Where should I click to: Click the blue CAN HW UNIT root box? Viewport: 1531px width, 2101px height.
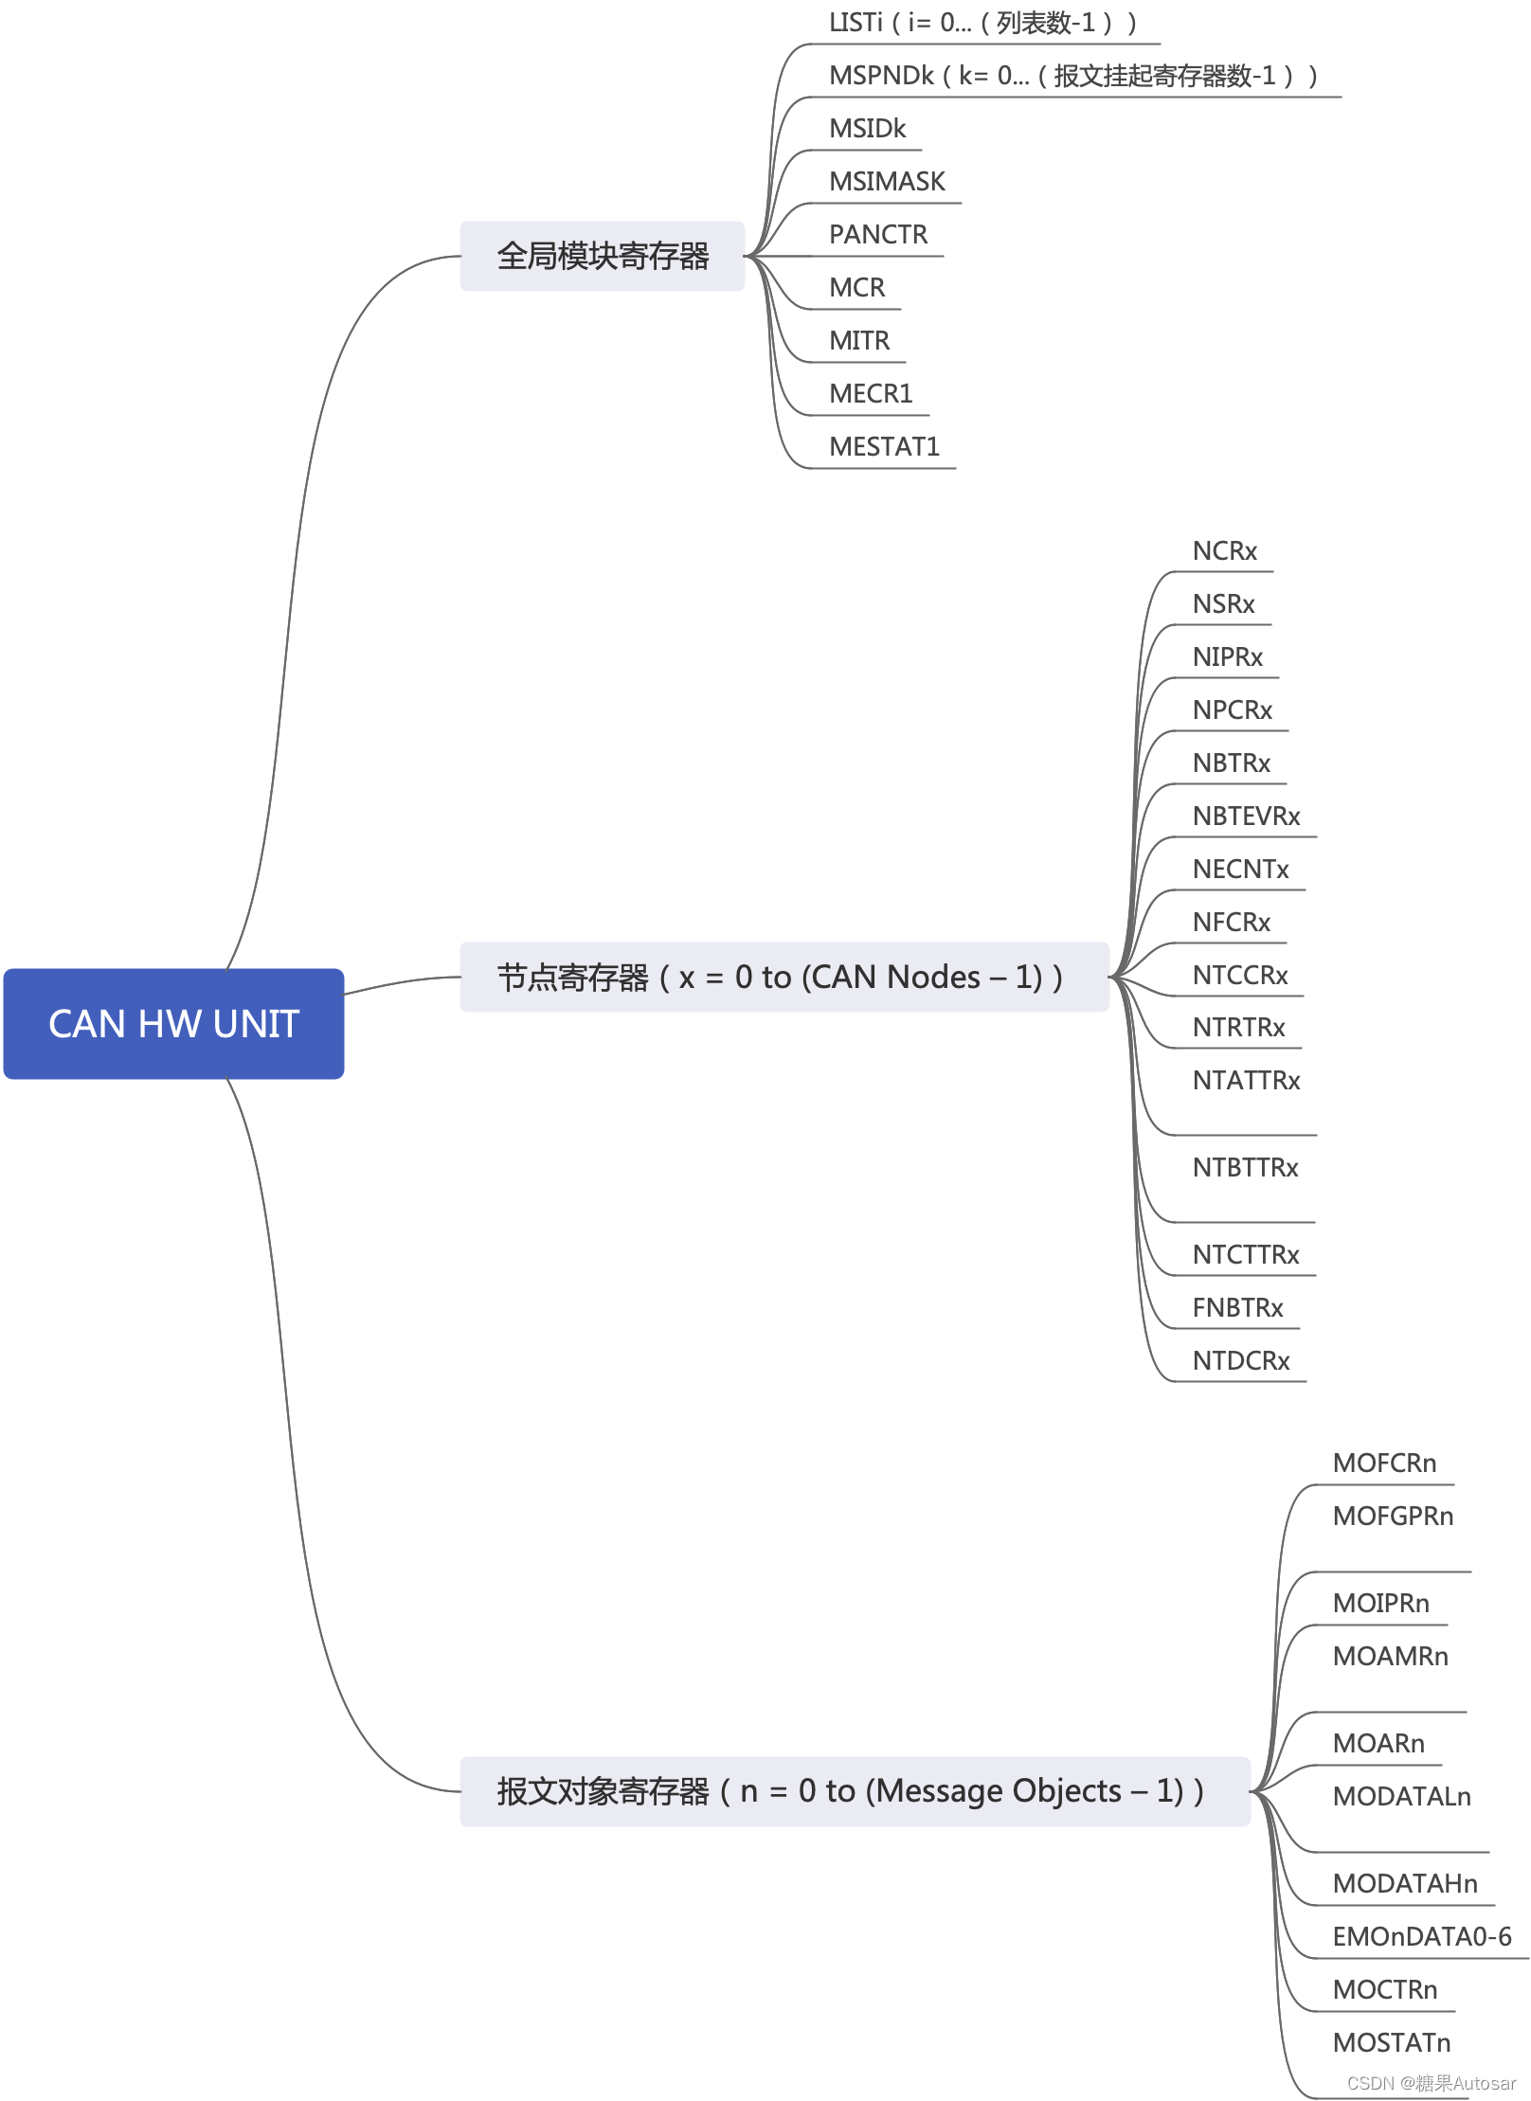tap(173, 1023)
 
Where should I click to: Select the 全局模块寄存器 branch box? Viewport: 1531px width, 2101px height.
tap(603, 256)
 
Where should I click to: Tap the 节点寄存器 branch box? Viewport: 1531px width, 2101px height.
tap(784, 977)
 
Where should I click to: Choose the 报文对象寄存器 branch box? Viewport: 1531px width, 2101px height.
tap(854, 1791)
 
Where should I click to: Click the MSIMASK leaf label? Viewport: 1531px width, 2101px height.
tap(887, 181)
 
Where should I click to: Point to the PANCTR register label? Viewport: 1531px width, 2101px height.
tap(878, 234)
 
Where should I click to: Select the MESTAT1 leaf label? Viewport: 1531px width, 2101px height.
tap(884, 446)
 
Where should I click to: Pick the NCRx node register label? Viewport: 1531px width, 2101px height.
tap(1224, 550)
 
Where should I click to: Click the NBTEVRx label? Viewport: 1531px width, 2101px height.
tap(1246, 816)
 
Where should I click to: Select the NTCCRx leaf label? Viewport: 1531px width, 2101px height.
tap(1240, 975)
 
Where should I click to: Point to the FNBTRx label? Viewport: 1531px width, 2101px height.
tap(1237, 1307)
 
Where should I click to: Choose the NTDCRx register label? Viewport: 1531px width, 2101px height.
tap(1241, 1360)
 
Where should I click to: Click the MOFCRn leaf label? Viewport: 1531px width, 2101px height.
tap(1384, 1463)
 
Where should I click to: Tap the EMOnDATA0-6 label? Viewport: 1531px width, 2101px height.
tap(1421, 1936)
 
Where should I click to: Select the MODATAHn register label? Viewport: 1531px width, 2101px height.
tap(1405, 1883)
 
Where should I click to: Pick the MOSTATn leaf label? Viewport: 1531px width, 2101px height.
tap(1391, 2042)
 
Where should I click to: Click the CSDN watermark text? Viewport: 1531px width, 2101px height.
tap(1431, 2083)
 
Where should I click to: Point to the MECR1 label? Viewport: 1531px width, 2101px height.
tap(871, 393)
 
